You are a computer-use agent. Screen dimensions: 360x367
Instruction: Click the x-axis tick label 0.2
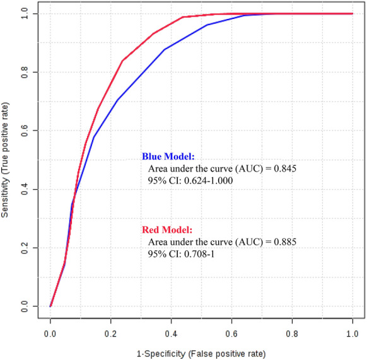pyautogui.click(x=111, y=329)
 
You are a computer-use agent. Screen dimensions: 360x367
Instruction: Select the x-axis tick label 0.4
pyautogui.click(x=172, y=329)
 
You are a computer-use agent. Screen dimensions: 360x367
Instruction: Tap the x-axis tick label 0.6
pyautogui.click(x=232, y=329)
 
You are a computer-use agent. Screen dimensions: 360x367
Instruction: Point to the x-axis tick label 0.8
pyautogui.click(x=293, y=329)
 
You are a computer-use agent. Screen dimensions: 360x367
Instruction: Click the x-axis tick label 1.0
pyautogui.click(x=353, y=329)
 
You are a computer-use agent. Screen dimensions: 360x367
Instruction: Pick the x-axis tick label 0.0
pyautogui.click(x=50, y=329)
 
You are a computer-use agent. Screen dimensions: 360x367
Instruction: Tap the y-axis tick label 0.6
pyautogui.click(x=24, y=131)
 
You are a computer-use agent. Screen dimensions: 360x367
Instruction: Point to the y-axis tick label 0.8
pyautogui.click(x=24, y=72)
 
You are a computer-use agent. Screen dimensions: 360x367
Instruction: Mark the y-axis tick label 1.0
pyautogui.click(x=24, y=13)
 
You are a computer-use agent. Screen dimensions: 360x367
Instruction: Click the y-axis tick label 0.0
pyautogui.click(x=24, y=306)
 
